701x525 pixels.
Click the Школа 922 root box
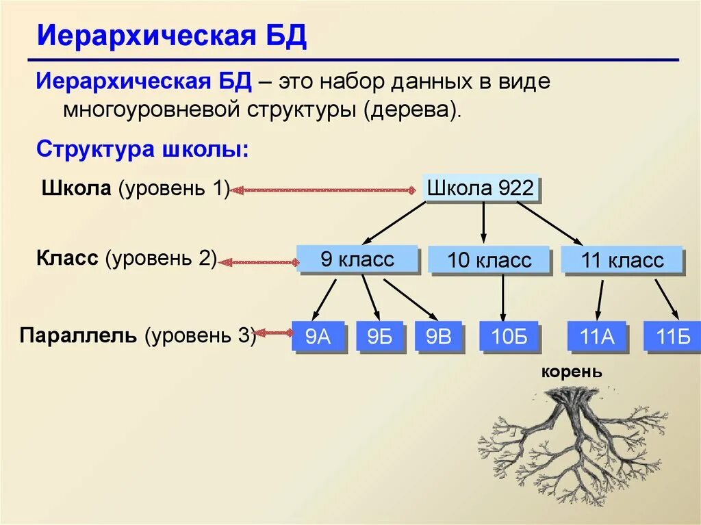pos(480,188)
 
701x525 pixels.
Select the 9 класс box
pos(357,259)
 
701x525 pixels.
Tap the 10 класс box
pos(489,261)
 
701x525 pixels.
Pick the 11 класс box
pos(622,260)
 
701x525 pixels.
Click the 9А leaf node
pos(318,337)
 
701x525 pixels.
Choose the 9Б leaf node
pos(379,337)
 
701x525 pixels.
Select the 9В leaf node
pos(439,337)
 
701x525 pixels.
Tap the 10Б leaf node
pos(509,337)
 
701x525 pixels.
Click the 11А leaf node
pos(598,337)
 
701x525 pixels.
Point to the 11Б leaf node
pos(673,337)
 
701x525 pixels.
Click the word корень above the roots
pos(572,372)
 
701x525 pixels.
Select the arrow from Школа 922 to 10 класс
pos(484,222)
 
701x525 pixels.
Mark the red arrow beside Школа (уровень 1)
pos(325,190)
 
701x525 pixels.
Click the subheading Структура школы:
pos(142,149)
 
